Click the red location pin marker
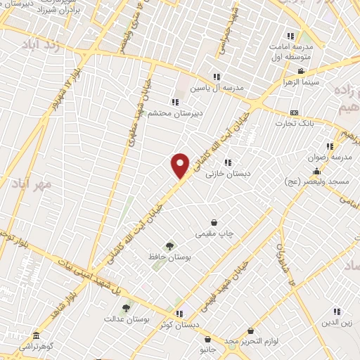[x=181, y=165]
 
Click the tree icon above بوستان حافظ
[x=169, y=245]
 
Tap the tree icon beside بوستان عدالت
[x=127, y=307]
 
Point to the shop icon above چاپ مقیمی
[x=213, y=222]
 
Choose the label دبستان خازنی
[x=228, y=173]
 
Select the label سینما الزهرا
[x=301, y=82]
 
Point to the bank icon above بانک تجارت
[x=294, y=112]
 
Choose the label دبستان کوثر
[x=179, y=325]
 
